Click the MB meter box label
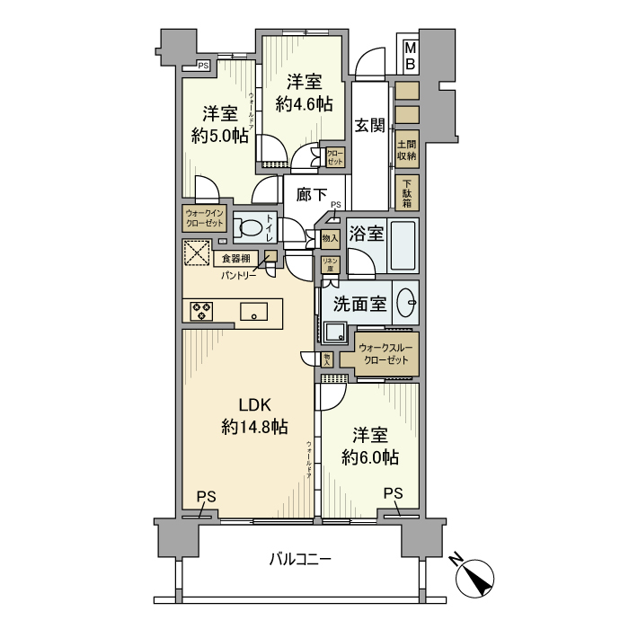click(x=409, y=56)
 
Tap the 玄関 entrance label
click(x=369, y=127)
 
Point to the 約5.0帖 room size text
click(x=219, y=137)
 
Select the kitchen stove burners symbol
click(x=201, y=311)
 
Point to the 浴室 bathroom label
click(x=367, y=234)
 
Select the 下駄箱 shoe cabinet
click(x=406, y=191)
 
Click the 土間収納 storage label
click(x=406, y=149)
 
